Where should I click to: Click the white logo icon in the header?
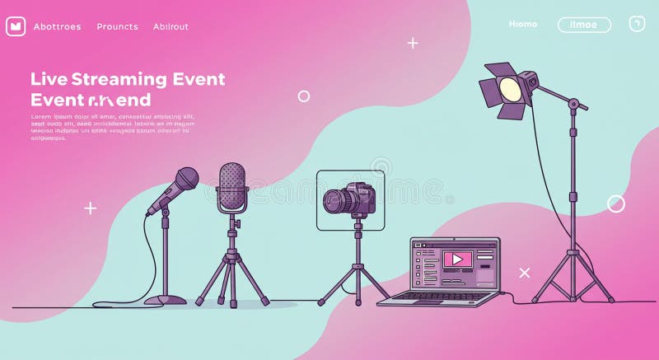pyautogui.click(x=16, y=26)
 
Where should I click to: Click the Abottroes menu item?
pyautogui.click(x=58, y=26)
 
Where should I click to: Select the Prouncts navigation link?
pyautogui.click(x=117, y=26)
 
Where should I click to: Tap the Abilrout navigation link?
pyautogui.click(x=171, y=26)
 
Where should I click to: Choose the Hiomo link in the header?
pyautogui.click(x=523, y=24)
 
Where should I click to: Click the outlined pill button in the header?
pyautogui.click(x=584, y=25)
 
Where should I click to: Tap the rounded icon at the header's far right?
pyautogui.click(x=637, y=24)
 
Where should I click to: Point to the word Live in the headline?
pyautogui.click(x=49, y=79)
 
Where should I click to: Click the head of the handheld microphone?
pyautogui.click(x=186, y=178)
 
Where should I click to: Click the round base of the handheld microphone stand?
pyautogui.click(x=165, y=300)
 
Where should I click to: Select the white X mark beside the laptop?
pyautogui.click(x=524, y=273)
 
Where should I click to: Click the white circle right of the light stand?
pyautogui.click(x=616, y=203)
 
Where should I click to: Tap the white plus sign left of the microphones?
pyautogui.click(x=91, y=208)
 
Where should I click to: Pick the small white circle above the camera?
pyautogui.click(x=303, y=96)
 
